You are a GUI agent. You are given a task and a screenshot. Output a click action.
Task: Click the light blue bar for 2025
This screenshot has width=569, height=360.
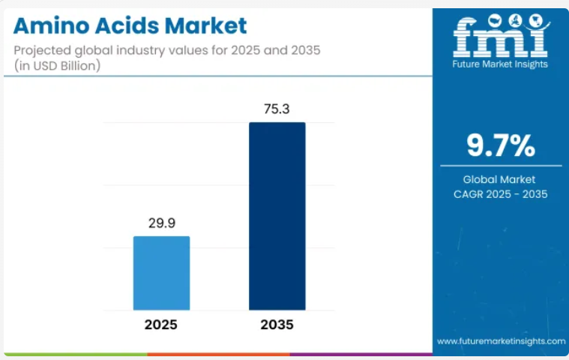(x=161, y=273)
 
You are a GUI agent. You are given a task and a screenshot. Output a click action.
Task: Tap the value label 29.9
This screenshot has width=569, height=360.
(x=161, y=223)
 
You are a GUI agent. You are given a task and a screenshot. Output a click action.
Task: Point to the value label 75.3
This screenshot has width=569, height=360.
(x=277, y=109)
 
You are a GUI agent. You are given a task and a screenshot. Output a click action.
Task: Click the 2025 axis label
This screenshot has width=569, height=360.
(x=161, y=325)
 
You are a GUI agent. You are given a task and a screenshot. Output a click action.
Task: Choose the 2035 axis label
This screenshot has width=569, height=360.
(x=277, y=325)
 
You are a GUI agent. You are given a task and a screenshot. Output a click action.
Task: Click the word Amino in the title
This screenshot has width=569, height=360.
(x=48, y=27)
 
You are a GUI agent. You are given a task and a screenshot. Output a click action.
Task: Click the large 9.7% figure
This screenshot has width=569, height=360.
(x=501, y=145)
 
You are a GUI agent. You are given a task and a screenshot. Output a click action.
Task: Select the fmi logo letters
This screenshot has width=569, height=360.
(x=501, y=37)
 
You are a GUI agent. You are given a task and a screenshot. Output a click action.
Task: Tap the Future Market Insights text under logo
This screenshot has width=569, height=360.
(x=501, y=64)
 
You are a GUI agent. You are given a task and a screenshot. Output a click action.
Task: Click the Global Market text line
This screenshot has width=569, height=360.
(x=501, y=179)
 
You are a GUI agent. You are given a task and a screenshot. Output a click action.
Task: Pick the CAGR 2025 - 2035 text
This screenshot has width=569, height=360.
(x=501, y=194)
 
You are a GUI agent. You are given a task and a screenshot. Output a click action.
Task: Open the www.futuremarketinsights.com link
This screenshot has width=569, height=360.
(x=501, y=340)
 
